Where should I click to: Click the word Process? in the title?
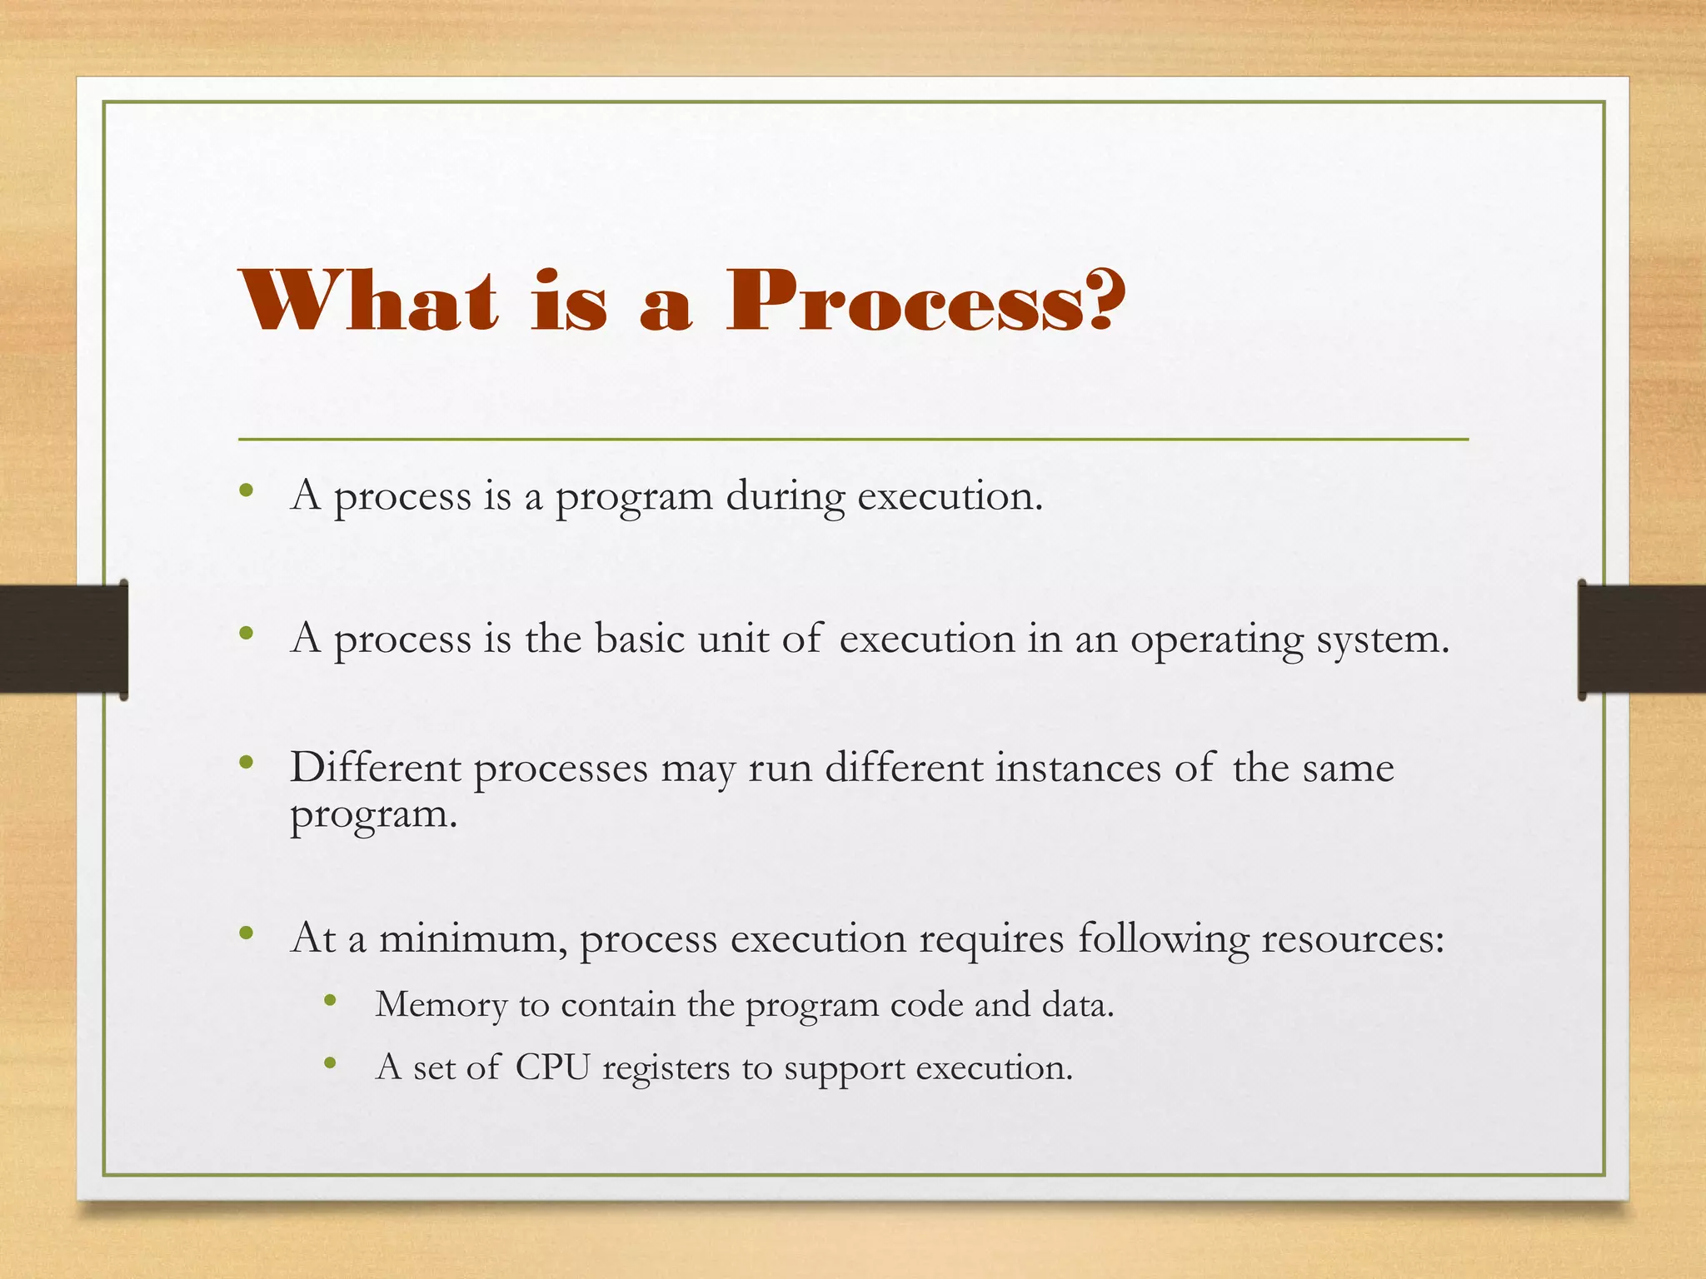pyautogui.click(x=925, y=301)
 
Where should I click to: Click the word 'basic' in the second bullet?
pyautogui.click(x=639, y=639)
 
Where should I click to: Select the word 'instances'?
pyautogui.click(x=1078, y=768)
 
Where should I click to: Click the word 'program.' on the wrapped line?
pyautogui.click(x=374, y=815)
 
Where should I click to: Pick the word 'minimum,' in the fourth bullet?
pyautogui.click(x=473, y=939)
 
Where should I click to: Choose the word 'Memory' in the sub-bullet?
pyautogui.click(x=441, y=1005)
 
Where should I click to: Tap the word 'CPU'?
pyautogui.click(x=552, y=1067)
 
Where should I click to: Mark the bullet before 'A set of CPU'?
pyautogui.click(x=330, y=1063)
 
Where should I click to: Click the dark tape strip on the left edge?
pyautogui.click(x=62, y=639)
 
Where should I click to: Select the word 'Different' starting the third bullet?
pyautogui.click(x=375, y=768)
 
